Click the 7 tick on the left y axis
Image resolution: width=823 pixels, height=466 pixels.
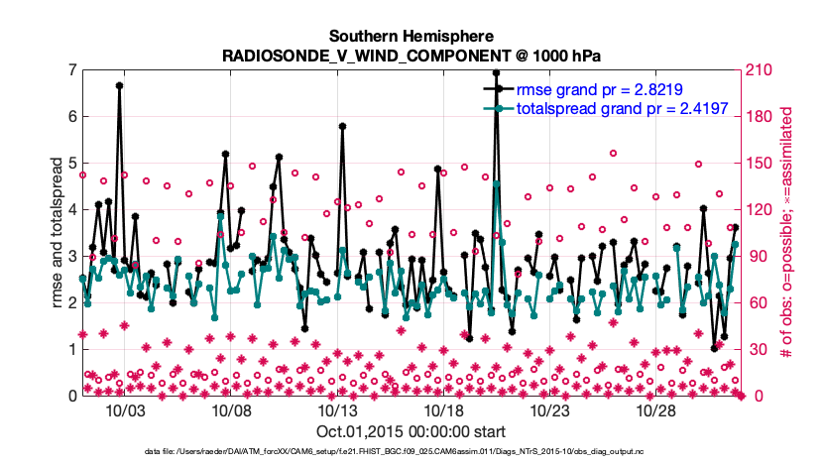click(x=71, y=70)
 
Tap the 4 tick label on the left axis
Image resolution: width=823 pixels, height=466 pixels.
click(x=71, y=209)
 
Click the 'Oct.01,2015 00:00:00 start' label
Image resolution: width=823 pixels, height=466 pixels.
click(x=411, y=432)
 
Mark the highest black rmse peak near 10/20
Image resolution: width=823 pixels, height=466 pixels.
click(x=496, y=72)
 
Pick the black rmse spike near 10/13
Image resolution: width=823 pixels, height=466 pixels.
click(x=342, y=127)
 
